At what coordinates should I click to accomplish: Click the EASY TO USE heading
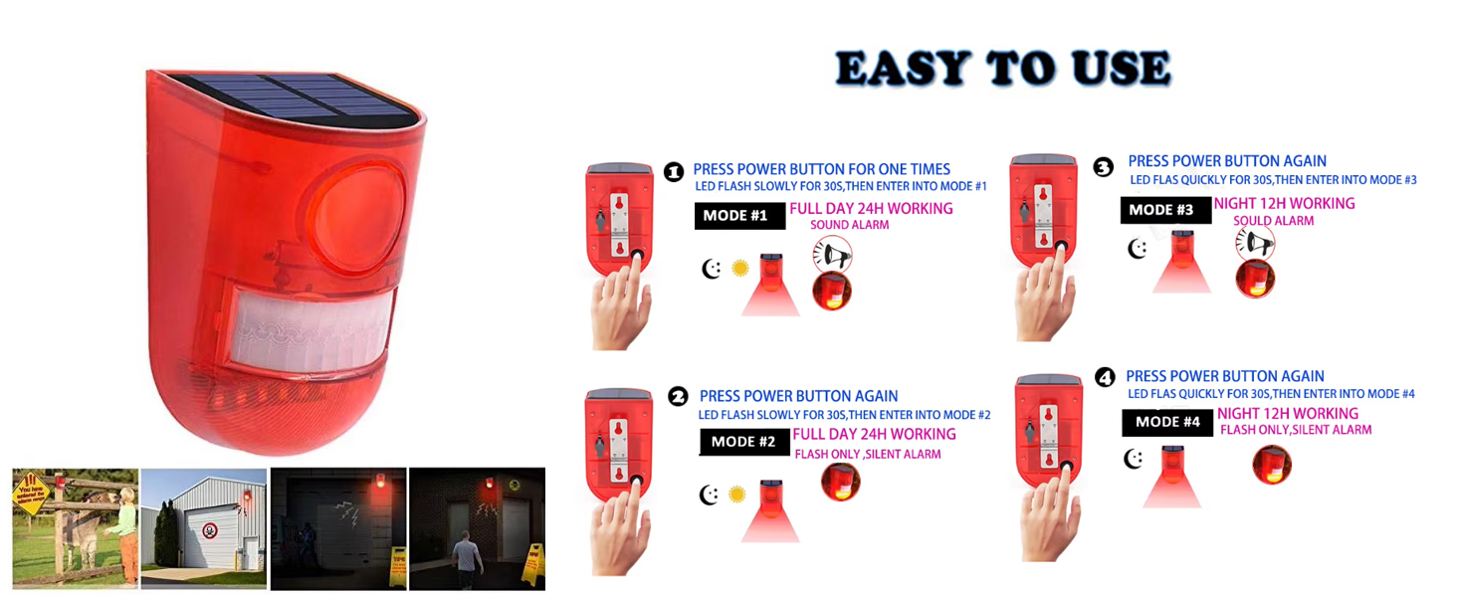1002,69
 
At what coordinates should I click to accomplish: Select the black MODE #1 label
735,215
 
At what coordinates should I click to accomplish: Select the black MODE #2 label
743,441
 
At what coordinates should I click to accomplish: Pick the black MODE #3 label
1160,210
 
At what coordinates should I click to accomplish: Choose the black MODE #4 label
1167,422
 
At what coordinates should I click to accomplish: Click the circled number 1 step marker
674,172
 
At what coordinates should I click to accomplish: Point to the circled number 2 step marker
679,396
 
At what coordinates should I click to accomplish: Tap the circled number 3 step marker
1103,167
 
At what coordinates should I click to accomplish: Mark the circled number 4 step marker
1105,377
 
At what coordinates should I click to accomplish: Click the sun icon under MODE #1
739,269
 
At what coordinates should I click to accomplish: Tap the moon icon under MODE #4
1133,459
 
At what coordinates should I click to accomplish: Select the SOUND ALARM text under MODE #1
849,226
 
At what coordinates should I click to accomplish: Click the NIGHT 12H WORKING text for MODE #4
1287,413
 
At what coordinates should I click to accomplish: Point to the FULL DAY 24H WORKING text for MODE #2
874,434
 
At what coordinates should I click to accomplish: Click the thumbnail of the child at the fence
75,528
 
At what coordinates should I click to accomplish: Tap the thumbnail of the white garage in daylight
204,528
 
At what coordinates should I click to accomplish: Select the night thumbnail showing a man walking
477,528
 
